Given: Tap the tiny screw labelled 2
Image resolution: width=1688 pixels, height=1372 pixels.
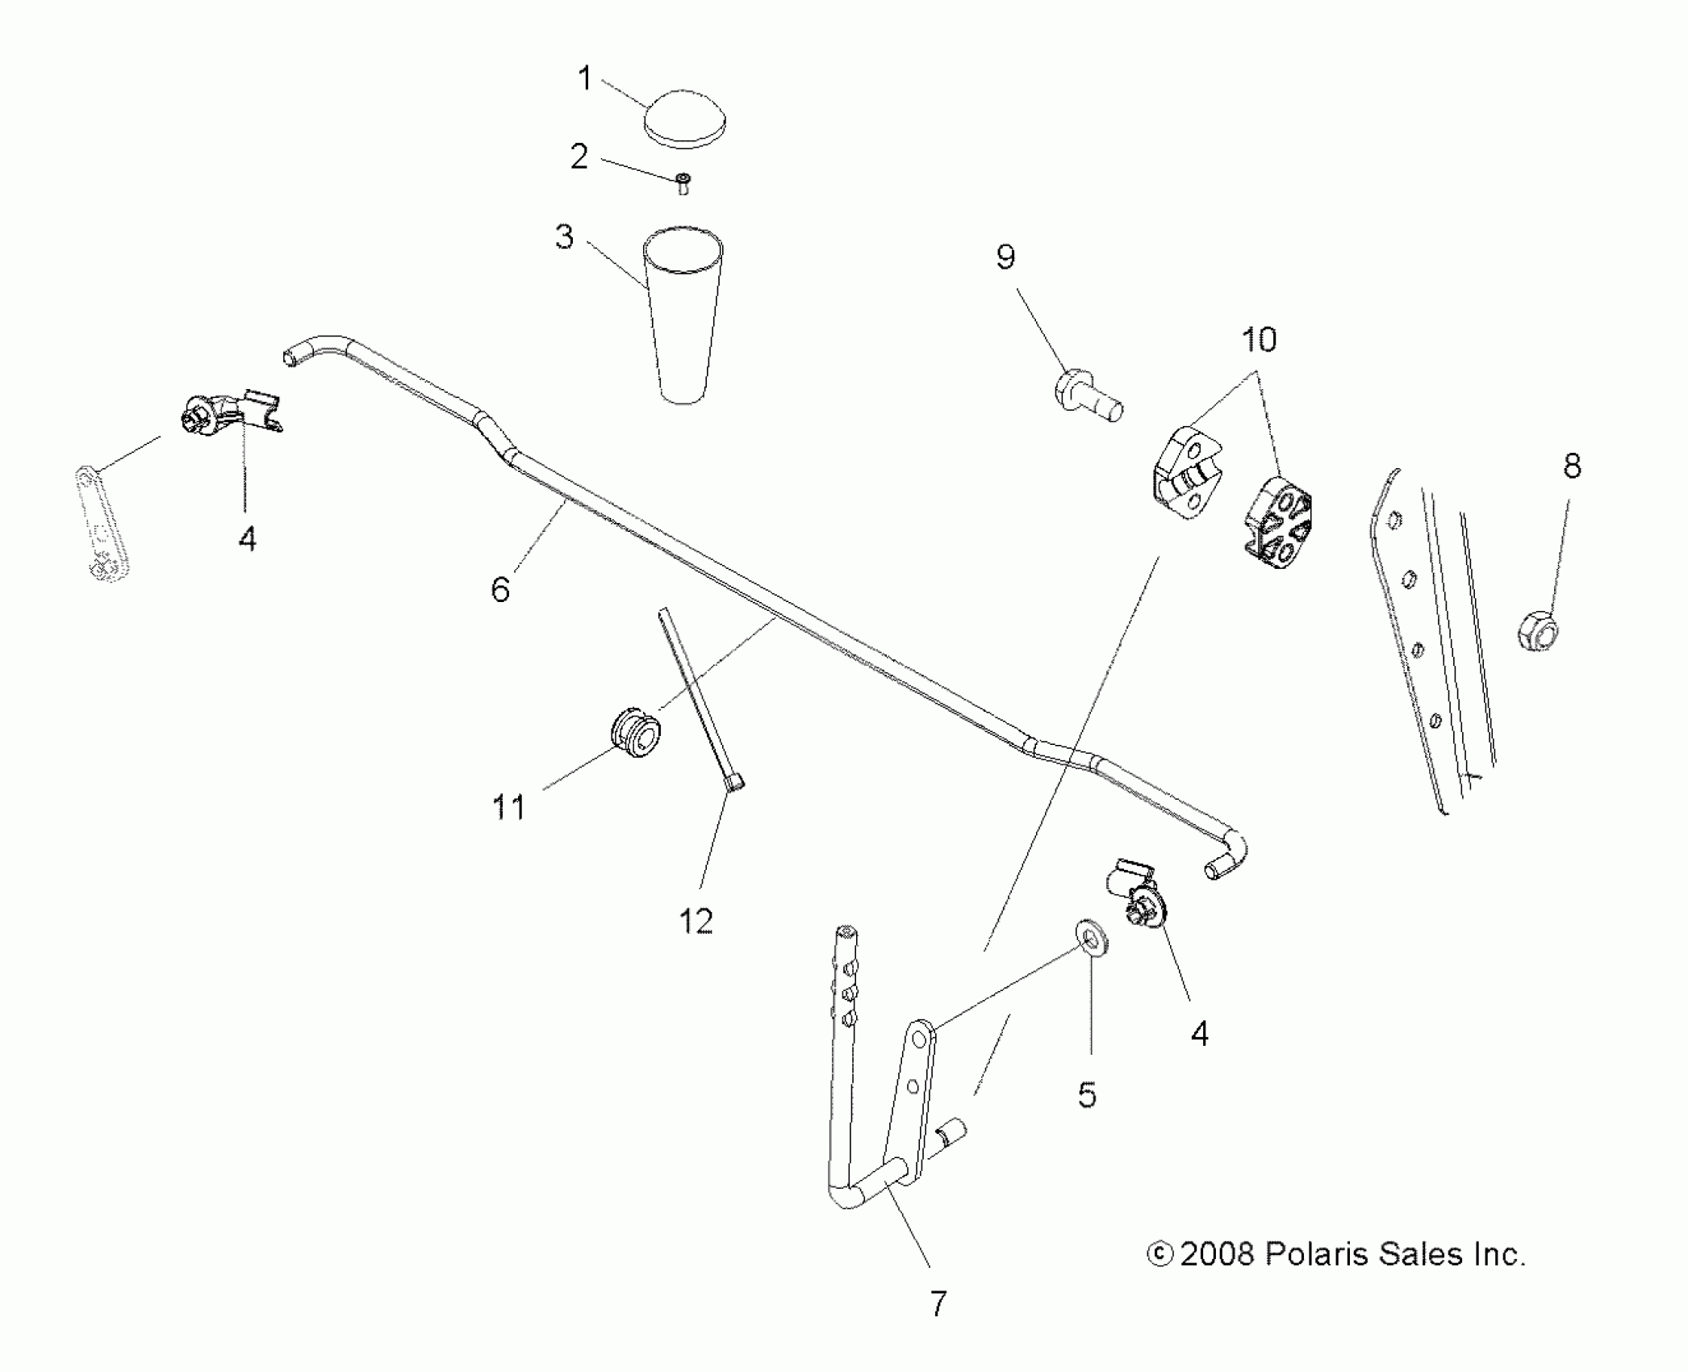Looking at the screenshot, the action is [x=683, y=183].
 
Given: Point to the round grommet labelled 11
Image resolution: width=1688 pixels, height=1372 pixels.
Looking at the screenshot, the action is [x=633, y=732].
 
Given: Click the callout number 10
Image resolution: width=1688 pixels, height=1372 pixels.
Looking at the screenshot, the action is [x=1259, y=340].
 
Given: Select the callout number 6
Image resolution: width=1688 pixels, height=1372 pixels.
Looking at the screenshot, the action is [x=500, y=589].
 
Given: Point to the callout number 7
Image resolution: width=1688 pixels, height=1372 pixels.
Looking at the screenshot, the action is [x=938, y=1303].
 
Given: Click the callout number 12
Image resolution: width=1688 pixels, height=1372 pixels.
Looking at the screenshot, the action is [x=696, y=921].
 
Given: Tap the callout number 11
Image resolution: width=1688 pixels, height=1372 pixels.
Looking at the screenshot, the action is [x=508, y=806].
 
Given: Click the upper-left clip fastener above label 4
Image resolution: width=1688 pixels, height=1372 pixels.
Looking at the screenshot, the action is [x=231, y=412].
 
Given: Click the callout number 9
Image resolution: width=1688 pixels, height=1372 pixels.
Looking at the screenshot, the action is [x=1005, y=257].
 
